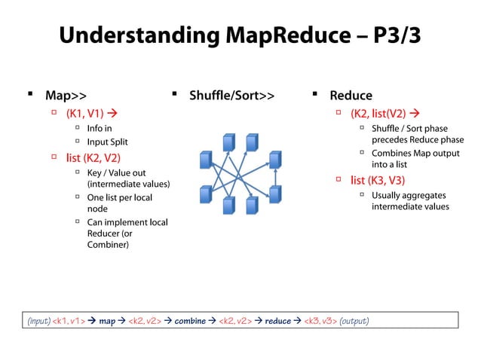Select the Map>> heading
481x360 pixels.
66,96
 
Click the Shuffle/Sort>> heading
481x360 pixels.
231,96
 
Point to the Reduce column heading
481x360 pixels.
351,96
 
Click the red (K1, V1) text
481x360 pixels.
84,114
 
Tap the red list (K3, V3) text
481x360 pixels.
378,180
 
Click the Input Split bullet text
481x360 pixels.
108,142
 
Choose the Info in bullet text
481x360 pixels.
100,128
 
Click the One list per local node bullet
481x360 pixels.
119,203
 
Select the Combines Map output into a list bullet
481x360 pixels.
415,158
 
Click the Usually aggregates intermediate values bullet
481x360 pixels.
409,200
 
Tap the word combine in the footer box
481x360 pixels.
190,321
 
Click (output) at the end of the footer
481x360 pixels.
354,321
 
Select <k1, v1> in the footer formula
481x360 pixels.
68,321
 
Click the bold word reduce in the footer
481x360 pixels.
277,321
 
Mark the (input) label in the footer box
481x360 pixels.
39,321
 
